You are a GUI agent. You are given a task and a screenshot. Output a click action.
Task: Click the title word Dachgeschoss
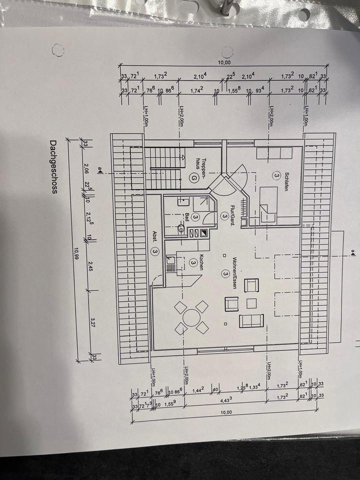pos(53,169)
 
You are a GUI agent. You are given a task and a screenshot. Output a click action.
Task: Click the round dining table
pos(190,317)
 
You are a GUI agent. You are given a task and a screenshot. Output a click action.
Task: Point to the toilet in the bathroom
pos(180,229)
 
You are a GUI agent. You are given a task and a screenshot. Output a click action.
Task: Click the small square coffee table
pos(251,303)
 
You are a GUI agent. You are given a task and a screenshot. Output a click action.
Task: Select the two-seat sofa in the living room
pos(251,320)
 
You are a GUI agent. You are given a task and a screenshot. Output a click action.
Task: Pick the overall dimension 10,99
pos(76,254)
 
